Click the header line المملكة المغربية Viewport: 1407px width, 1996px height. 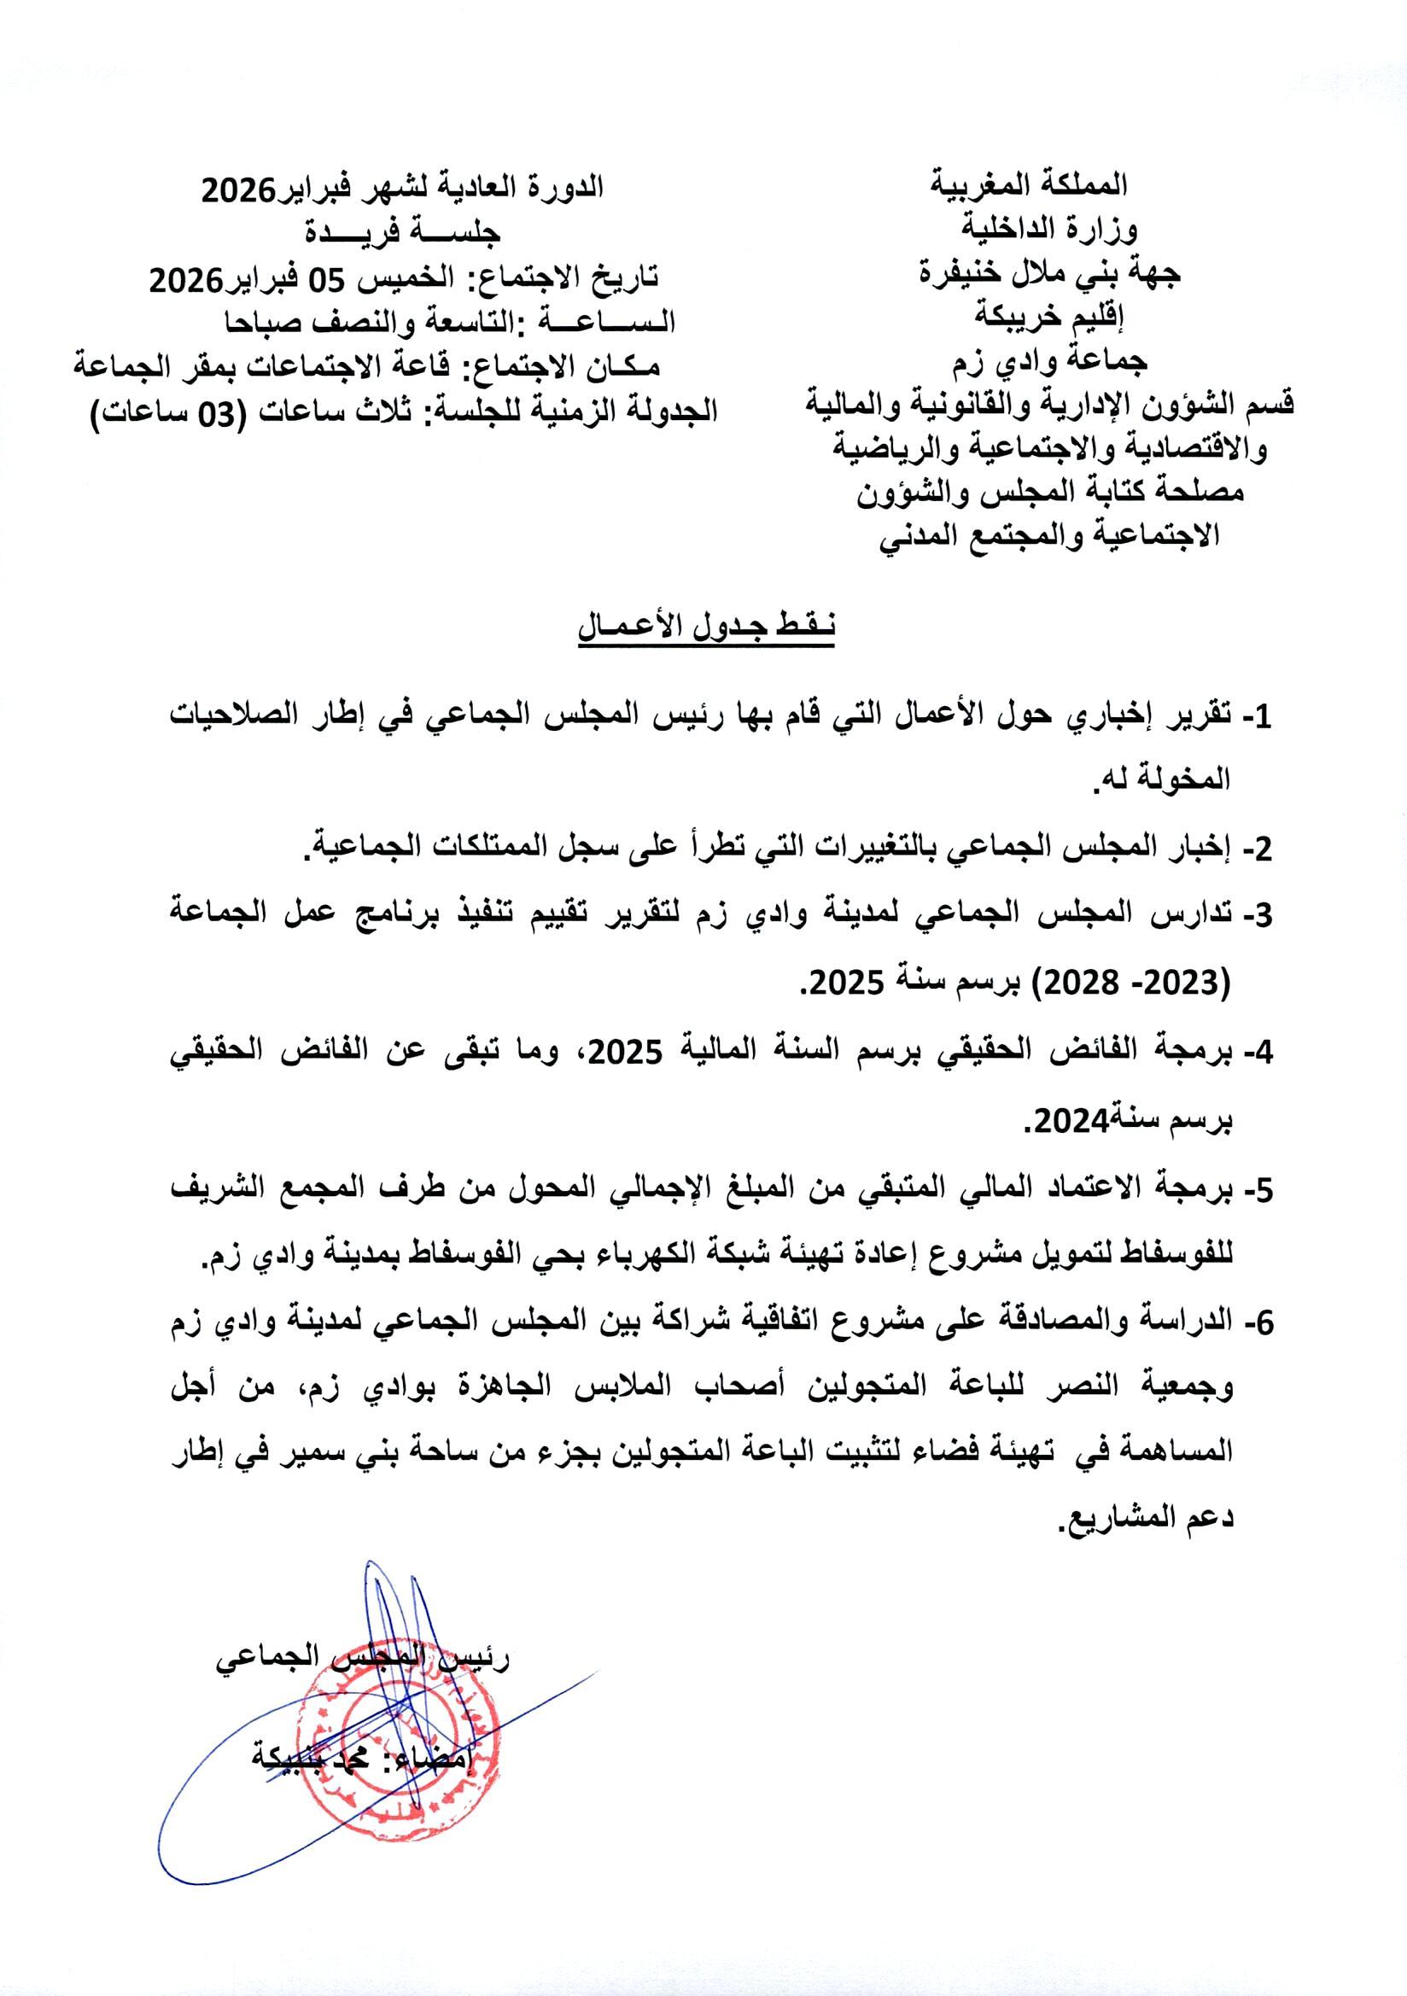(1030, 185)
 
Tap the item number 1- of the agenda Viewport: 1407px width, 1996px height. (1256, 717)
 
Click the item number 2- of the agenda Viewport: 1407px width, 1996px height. (1256, 847)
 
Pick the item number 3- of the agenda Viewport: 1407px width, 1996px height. (1256, 914)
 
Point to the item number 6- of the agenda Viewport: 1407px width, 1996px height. (1256, 1322)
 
